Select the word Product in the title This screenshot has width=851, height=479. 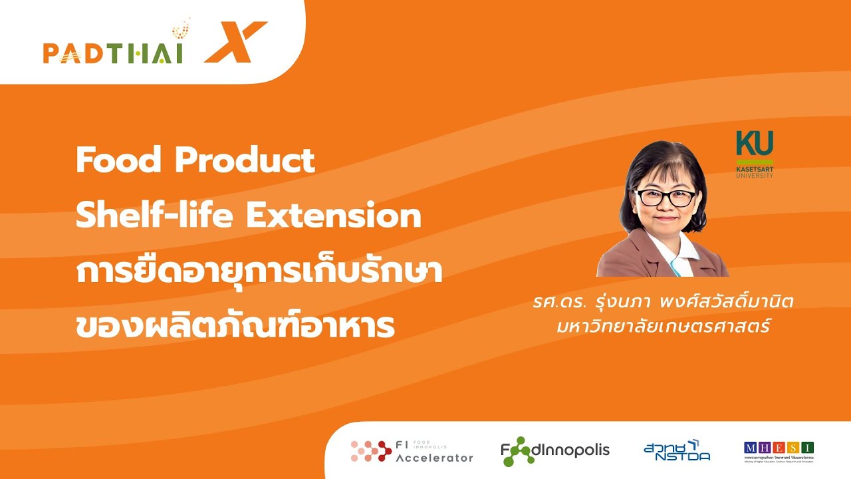coord(245,160)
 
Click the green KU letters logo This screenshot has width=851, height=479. coord(755,143)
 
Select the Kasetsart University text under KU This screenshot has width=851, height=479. coord(755,172)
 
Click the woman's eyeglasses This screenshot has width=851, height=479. coord(666,198)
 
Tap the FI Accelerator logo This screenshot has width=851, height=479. coord(412,451)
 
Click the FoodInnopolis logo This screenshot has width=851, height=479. coord(555,450)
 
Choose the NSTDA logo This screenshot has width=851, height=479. coord(677,450)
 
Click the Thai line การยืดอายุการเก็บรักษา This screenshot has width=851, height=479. coord(259,273)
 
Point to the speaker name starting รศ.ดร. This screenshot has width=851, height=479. coord(663,301)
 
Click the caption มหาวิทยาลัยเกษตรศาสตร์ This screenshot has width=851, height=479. coord(663,327)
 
